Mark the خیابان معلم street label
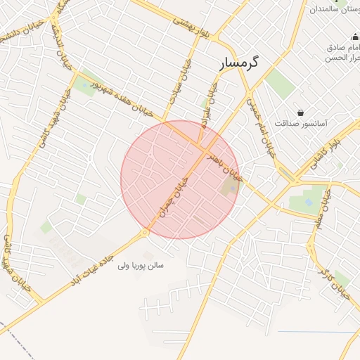coord(326,207)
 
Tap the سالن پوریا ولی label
coord(141,266)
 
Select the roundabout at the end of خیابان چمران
coord(145,232)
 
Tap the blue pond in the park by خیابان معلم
coord(309,202)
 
